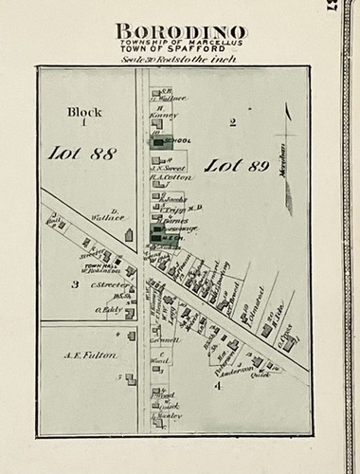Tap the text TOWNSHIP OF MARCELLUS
pos(180,44)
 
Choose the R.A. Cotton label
pos(171,176)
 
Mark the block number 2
pos(231,121)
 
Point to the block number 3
pos(75,283)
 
